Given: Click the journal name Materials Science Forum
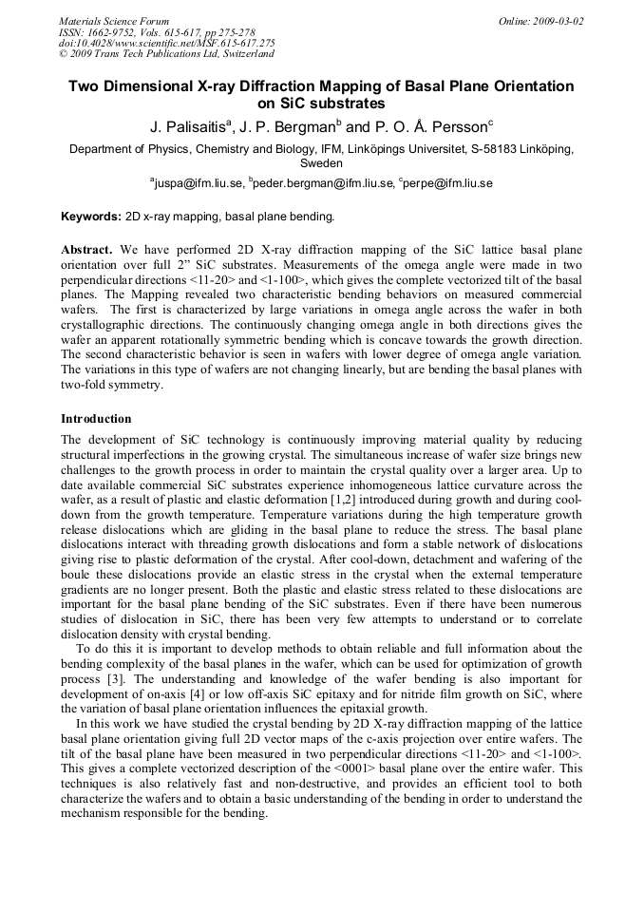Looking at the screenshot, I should click(x=113, y=21).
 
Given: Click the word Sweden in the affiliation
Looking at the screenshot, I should click(x=321, y=163).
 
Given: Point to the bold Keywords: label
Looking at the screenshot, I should click(x=91, y=217).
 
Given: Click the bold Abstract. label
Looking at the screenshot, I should click(x=87, y=248).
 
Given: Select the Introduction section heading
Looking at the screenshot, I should click(x=96, y=419).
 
